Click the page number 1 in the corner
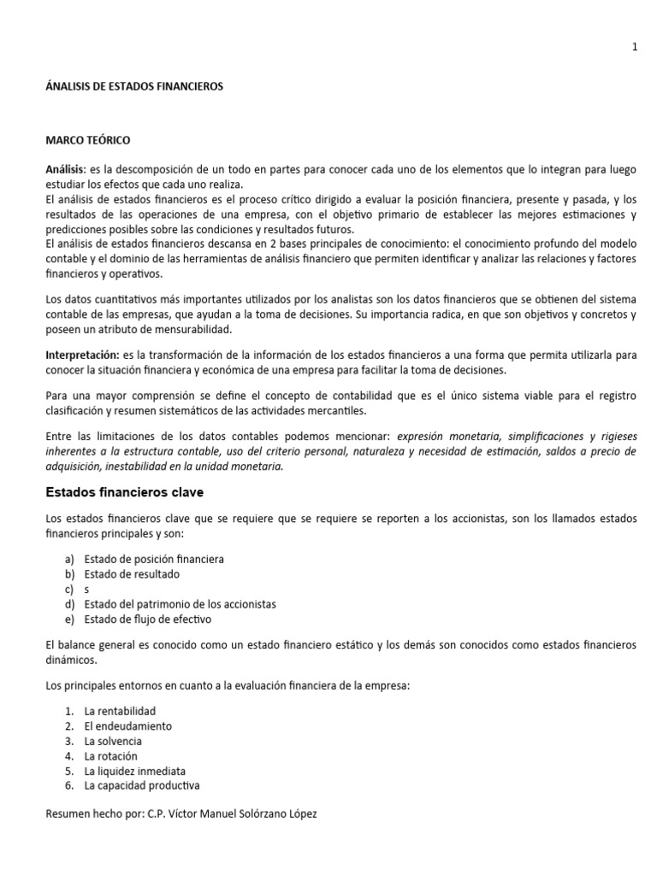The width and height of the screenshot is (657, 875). [635, 48]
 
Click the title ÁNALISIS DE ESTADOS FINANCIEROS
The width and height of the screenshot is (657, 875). [133, 86]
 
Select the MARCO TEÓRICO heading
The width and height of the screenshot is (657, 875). [88, 139]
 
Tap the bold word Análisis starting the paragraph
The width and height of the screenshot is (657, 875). [65, 170]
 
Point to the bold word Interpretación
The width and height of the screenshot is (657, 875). [82, 354]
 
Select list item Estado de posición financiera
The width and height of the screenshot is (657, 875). [154, 559]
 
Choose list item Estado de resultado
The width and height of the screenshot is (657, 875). [132, 574]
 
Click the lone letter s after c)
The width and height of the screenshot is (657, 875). [86, 590]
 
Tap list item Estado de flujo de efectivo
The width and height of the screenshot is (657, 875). [147, 620]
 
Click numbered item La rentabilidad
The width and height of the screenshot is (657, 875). [120, 711]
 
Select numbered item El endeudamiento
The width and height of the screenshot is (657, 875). [127, 726]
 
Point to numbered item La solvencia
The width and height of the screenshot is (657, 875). [113, 742]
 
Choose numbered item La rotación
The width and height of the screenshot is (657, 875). [110, 756]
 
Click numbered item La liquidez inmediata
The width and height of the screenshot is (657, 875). [134, 772]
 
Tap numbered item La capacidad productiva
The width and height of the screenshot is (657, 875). [141, 786]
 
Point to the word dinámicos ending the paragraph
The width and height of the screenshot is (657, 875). [71, 661]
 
